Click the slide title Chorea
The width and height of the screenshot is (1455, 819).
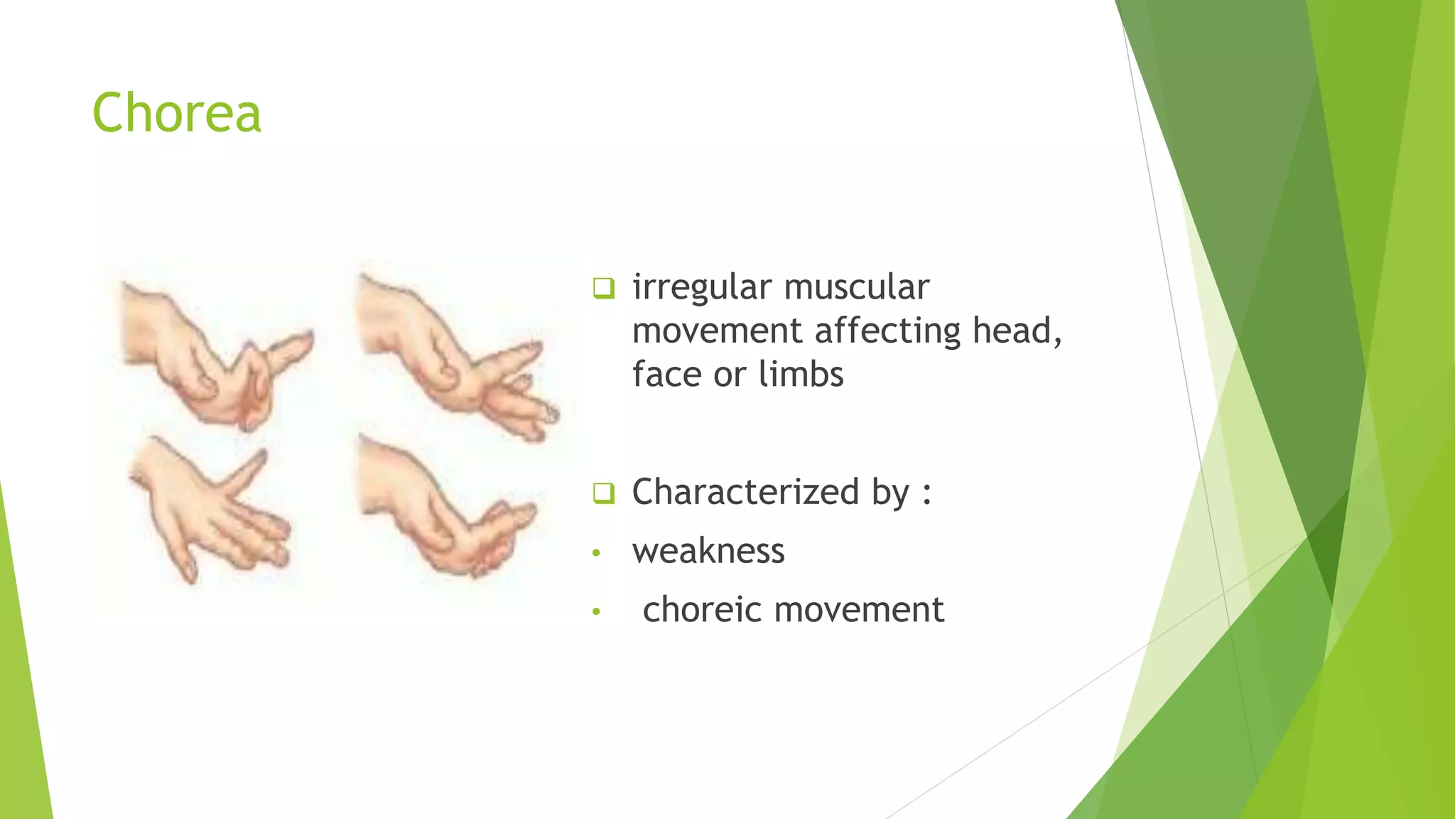[x=177, y=113]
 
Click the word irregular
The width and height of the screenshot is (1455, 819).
[x=701, y=287]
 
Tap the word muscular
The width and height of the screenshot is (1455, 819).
[x=856, y=287]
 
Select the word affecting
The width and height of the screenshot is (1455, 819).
[x=887, y=331]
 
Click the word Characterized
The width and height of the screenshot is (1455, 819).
[x=746, y=492]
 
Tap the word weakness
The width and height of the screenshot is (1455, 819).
[x=708, y=551]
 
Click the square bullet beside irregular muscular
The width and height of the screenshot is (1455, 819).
[x=603, y=289]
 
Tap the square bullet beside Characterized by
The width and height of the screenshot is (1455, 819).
[x=603, y=493]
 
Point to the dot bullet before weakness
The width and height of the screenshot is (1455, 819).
[x=597, y=552]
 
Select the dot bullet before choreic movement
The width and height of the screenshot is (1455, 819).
[x=597, y=611]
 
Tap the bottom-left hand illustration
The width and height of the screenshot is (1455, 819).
[x=210, y=508]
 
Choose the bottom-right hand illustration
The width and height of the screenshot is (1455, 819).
[x=448, y=508]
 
